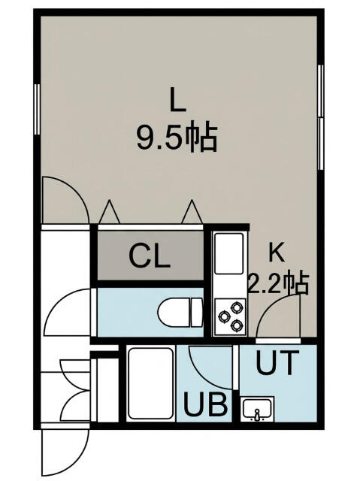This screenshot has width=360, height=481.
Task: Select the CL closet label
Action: tap(150, 256)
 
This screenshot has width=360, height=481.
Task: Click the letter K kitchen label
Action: tap(276, 252)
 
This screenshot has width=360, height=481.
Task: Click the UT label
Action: tap(277, 362)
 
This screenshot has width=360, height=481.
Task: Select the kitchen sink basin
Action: tap(228, 253)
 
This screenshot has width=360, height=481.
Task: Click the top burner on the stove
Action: tap(237, 307)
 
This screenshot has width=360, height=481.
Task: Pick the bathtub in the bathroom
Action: tap(150, 383)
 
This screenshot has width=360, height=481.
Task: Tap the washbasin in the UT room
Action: tap(257, 409)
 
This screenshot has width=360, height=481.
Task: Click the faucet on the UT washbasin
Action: tap(257, 415)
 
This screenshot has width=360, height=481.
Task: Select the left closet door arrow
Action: tap(109, 212)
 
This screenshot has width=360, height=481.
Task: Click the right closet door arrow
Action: tap(192, 212)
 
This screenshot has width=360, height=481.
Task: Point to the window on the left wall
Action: tap(37, 109)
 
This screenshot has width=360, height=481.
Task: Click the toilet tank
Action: tap(197, 313)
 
